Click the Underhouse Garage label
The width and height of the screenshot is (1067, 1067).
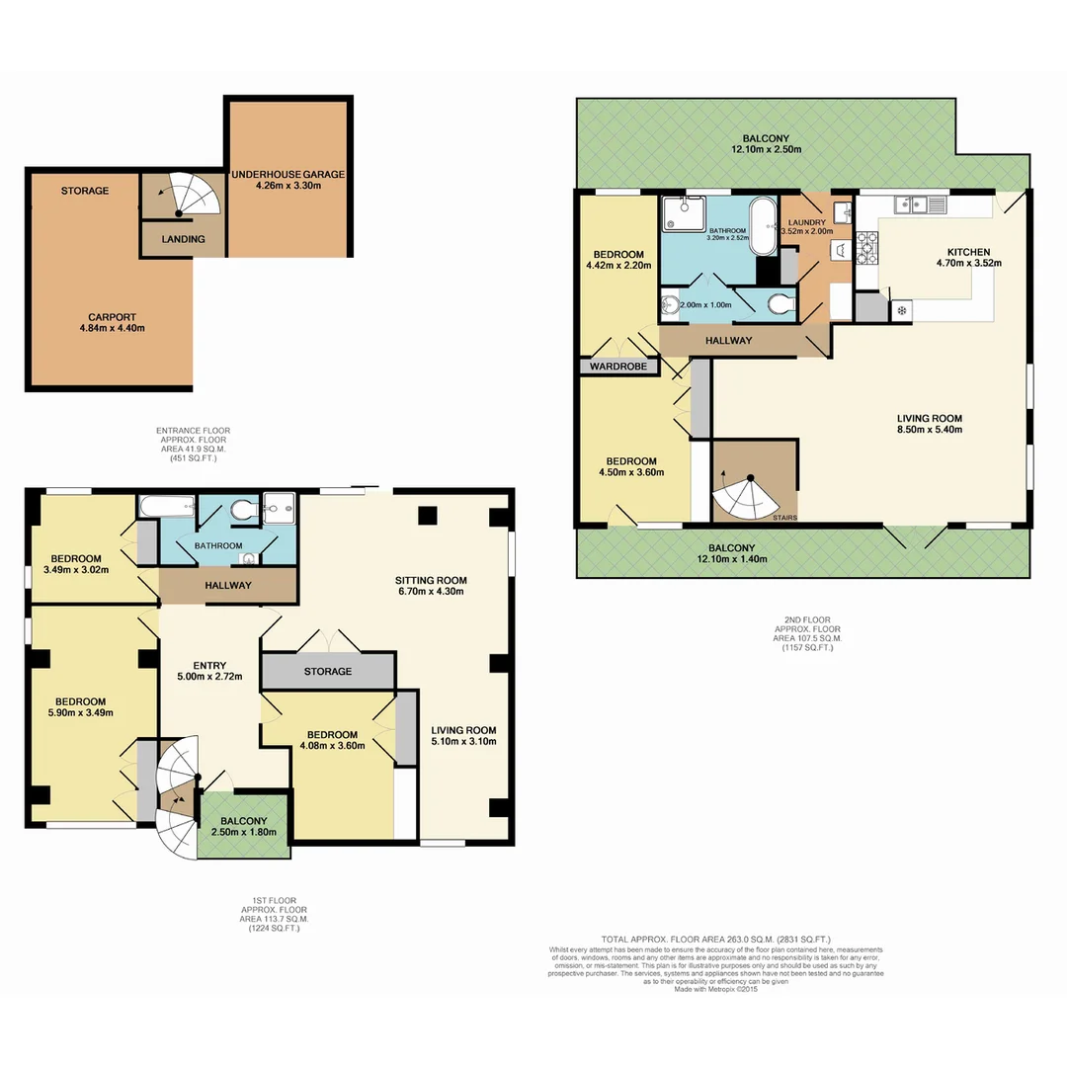click(x=287, y=175)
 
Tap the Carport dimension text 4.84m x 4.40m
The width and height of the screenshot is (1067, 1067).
click(x=112, y=328)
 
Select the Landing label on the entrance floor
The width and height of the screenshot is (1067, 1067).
click(x=184, y=239)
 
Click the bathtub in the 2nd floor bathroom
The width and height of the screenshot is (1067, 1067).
click(x=762, y=220)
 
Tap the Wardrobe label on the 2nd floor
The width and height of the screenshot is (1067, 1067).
click(x=618, y=367)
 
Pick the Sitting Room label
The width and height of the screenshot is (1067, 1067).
click(x=431, y=581)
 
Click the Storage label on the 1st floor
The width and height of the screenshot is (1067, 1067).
click(x=327, y=672)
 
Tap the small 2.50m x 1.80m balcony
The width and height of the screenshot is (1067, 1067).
click(x=243, y=825)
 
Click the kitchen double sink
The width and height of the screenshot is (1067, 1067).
click(x=920, y=205)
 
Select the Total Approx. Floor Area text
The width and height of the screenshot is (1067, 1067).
click(x=716, y=940)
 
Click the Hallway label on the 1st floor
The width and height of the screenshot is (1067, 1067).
click(x=228, y=586)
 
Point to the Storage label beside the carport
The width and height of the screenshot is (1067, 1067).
click(x=85, y=191)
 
